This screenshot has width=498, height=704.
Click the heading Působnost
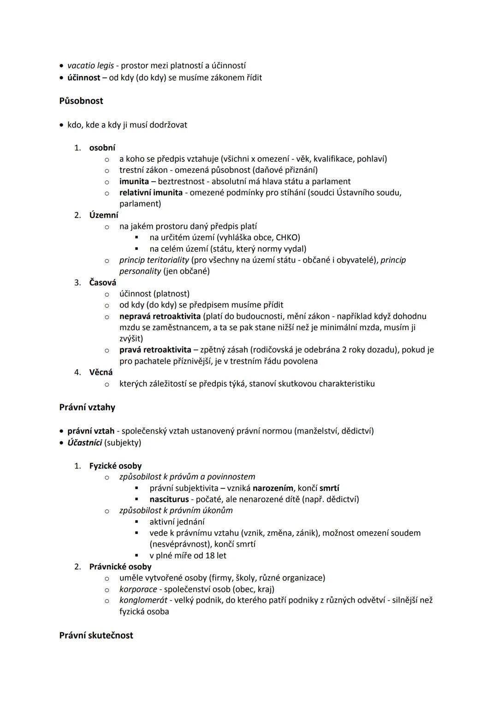click(x=81, y=101)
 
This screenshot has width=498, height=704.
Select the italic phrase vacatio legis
click(x=90, y=66)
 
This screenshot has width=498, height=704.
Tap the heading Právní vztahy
click(x=87, y=408)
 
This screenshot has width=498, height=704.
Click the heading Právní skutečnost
click(x=96, y=635)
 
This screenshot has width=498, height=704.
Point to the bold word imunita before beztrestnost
click(x=134, y=182)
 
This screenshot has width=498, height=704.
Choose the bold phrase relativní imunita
click(x=150, y=193)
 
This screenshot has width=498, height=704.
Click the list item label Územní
click(x=104, y=215)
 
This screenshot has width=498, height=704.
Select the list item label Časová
click(x=103, y=283)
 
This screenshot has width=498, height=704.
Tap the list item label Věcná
click(x=101, y=373)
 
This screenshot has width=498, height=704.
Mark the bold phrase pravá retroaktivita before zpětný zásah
click(x=153, y=350)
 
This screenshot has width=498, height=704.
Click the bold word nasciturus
click(x=169, y=499)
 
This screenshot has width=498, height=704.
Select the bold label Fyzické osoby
click(x=115, y=466)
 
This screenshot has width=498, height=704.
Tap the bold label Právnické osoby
click(x=120, y=567)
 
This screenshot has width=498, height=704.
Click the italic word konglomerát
click(x=143, y=600)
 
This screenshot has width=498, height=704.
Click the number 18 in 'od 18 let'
click(x=210, y=556)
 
